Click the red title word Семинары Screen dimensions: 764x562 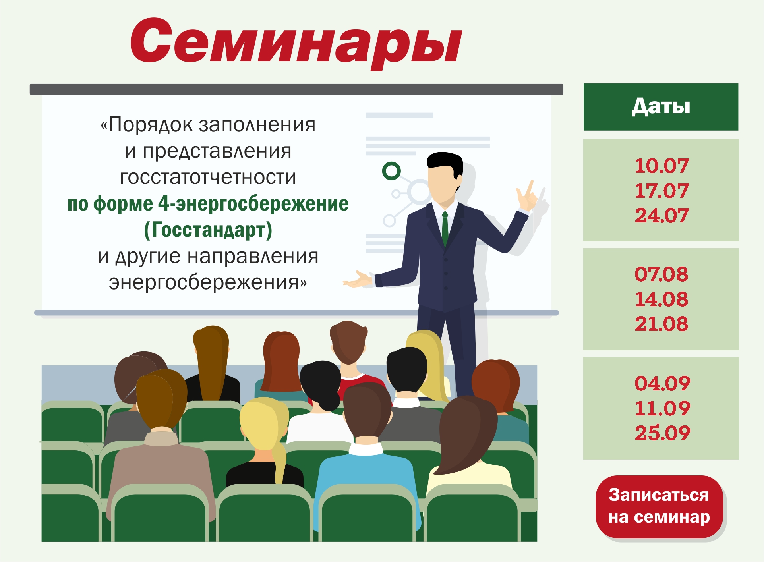pyautogui.click(x=296, y=42)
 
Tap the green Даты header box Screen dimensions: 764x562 pyautogui.click(x=661, y=107)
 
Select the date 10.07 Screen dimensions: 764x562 pyautogui.click(x=661, y=166)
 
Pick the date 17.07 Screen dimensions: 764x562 pyautogui.click(x=661, y=191)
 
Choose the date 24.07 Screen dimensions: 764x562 pyautogui.click(x=661, y=215)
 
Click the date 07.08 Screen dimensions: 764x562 pyautogui.click(x=661, y=274)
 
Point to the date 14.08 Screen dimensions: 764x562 pyautogui.click(x=661, y=299)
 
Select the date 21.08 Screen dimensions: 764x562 pyautogui.click(x=661, y=324)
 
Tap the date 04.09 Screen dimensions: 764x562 pyautogui.click(x=662, y=383)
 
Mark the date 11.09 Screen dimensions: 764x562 pyautogui.click(x=662, y=408)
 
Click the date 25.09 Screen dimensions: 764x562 pyautogui.click(x=662, y=433)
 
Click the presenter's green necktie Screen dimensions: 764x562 pyautogui.click(x=445, y=229)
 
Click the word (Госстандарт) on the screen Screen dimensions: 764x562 pyautogui.click(x=208, y=230)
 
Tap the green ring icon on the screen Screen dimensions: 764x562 pyautogui.click(x=391, y=171)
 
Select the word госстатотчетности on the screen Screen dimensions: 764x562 pyautogui.click(x=208, y=177)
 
